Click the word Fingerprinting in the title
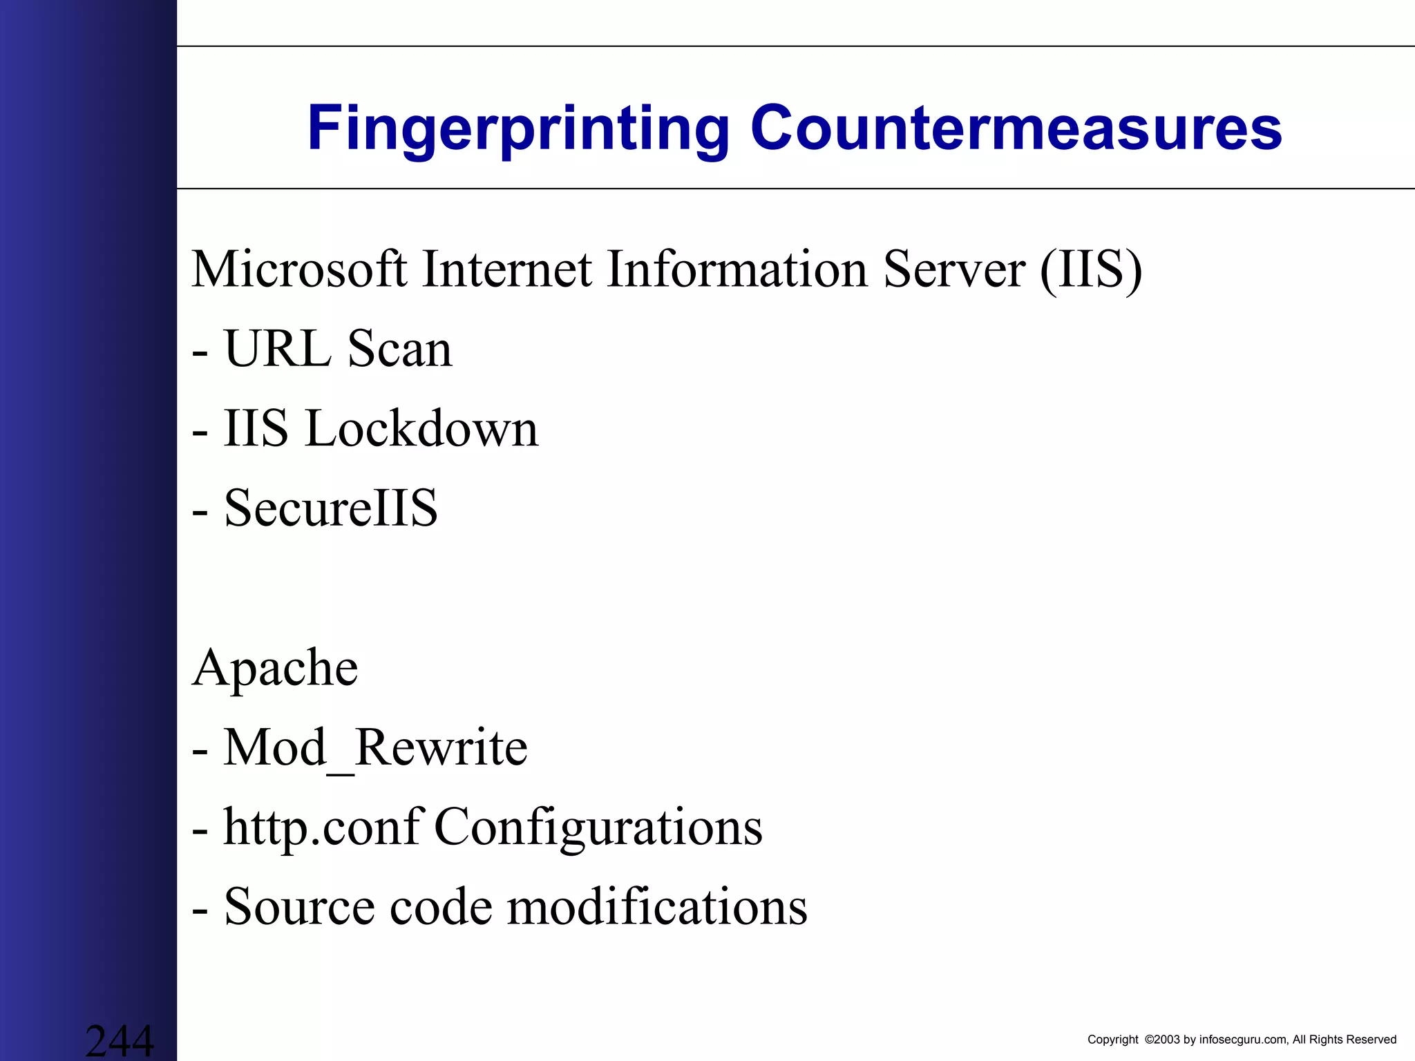[518, 129]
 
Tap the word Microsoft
[299, 269]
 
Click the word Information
[737, 269]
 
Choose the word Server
[954, 269]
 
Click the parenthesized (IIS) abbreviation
[1091, 270]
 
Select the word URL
[278, 349]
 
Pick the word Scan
[399, 349]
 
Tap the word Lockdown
[421, 429]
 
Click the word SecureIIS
[331, 508]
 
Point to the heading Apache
[275, 669]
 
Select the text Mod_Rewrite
[375, 748]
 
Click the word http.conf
[322, 828]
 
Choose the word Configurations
[598, 828]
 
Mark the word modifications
[657, 907]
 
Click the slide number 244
[120, 1040]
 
